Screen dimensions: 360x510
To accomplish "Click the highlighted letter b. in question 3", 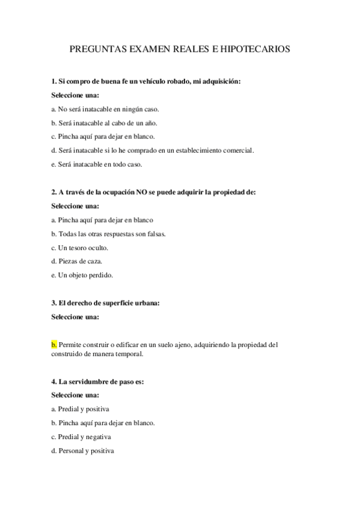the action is coord(55,345).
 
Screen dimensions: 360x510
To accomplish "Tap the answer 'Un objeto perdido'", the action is coord(82,275).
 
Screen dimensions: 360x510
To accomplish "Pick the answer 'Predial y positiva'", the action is coord(80,409).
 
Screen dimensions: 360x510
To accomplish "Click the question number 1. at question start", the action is coord(54,81).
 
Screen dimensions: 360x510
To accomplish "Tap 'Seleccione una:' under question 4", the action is coord(75,395).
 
